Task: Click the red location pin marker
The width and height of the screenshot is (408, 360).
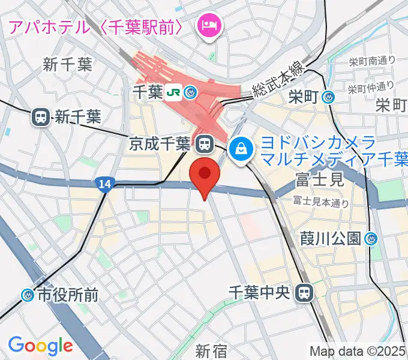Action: click(x=205, y=176)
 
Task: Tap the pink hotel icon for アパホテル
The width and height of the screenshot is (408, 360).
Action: click(x=209, y=25)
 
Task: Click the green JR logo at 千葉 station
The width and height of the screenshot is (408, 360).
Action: click(x=173, y=92)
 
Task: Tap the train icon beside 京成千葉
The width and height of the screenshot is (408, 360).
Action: click(x=204, y=143)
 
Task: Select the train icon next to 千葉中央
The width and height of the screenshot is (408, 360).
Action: click(x=305, y=292)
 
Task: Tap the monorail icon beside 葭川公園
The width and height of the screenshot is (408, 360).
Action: click(x=372, y=239)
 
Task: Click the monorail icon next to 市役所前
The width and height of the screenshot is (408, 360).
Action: click(x=28, y=295)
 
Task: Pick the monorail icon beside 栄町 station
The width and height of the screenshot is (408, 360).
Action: click(x=328, y=96)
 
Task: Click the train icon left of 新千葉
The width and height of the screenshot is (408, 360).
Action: click(x=41, y=117)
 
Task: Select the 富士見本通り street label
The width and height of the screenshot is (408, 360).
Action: click(x=320, y=202)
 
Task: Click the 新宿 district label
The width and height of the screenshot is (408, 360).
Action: click(x=211, y=349)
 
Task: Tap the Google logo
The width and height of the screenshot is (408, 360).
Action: click(x=40, y=346)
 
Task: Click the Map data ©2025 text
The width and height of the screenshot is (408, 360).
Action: click(x=358, y=351)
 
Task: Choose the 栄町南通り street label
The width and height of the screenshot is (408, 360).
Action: click(x=371, y=60)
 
